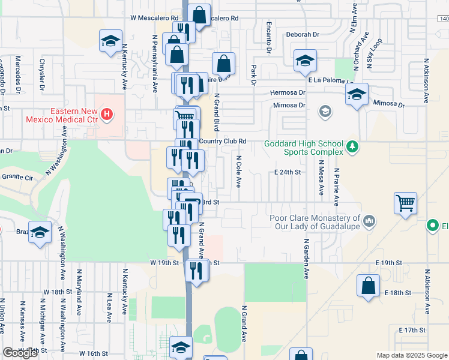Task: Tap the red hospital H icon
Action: tap(107, 113)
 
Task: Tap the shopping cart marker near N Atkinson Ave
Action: tap(406, 202)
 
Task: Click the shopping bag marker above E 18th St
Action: tap(369, 285)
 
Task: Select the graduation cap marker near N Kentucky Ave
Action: tap(110, 41)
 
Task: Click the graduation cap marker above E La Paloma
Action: tap(305, 60)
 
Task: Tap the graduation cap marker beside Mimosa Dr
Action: tap(357, 94)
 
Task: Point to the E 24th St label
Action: tap(287, 172)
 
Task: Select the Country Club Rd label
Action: tap(223, 142)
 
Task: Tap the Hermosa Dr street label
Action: tap(288, 93)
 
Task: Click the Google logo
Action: tap(20, 353)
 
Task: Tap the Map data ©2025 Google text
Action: tap(411, 355)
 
